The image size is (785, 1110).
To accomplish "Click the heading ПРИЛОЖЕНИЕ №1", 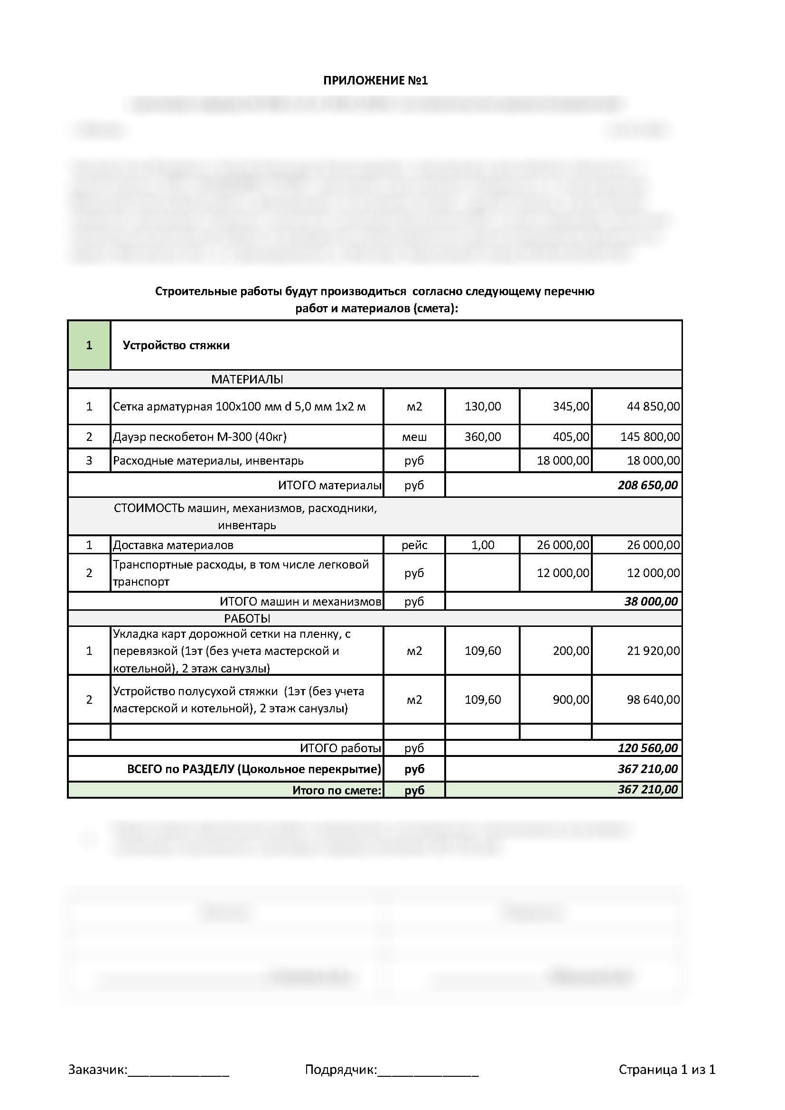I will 375,80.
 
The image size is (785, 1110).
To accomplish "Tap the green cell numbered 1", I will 89,345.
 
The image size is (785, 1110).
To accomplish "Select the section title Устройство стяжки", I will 176,345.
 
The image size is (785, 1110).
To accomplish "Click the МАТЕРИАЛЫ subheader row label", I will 247,380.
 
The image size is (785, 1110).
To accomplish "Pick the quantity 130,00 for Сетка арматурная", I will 482,407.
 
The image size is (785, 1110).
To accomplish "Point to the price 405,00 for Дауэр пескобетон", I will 571,437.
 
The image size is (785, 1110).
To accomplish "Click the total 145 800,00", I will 650,437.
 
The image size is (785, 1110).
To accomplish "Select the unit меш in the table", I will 414,437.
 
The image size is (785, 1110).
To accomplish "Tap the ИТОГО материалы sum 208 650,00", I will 647,485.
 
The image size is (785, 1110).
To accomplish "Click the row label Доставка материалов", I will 173,545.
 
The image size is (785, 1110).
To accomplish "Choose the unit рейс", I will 414,545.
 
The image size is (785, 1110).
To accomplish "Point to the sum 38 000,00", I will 651,601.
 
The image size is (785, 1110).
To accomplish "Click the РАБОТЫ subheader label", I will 247,618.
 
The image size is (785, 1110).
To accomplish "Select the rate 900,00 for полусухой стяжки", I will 571,700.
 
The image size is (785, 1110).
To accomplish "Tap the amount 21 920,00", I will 653,651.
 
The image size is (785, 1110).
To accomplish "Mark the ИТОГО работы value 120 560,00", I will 647,748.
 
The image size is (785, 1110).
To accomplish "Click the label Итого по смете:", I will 336,790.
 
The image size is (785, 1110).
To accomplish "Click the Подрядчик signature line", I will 428,1070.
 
